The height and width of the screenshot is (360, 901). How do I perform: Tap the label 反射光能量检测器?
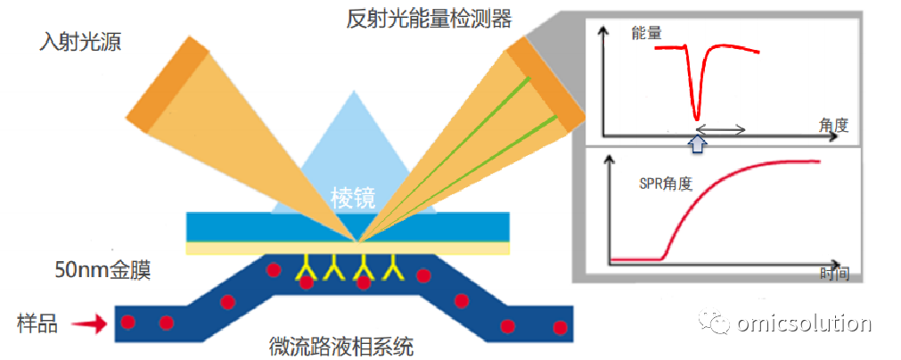tap(429, 19)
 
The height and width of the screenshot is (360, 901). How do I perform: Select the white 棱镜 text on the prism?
tap(353, 199)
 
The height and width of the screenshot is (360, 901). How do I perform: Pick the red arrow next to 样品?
tap(90, 325)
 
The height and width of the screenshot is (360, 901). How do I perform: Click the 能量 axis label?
tap(646, 33)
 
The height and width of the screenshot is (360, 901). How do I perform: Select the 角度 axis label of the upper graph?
tap(834, 125)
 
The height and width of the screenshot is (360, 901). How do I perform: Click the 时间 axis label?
tap(834, 274)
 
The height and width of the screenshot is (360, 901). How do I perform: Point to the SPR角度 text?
tap(666, 184)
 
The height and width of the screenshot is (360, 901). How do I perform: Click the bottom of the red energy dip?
tap(697, 117)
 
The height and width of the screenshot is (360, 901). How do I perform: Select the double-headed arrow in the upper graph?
tap(722, 129)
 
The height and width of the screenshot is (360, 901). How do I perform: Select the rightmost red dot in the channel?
tap(559, 328)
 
